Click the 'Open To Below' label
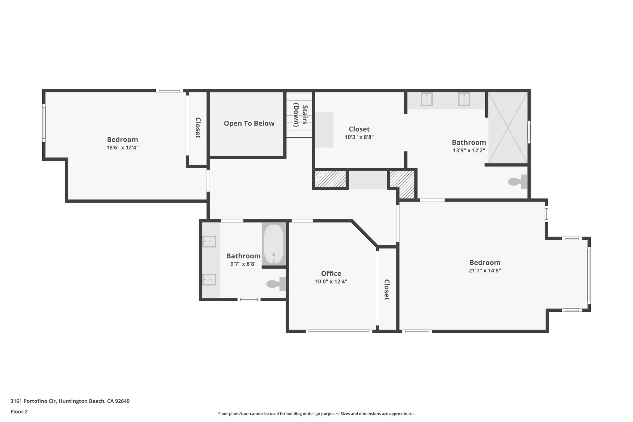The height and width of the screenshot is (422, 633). [249, 123]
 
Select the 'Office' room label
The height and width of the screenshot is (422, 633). [331, 274]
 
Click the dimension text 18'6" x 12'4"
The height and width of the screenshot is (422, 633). [122, 148]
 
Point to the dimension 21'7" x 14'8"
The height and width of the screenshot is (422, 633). [485, 271]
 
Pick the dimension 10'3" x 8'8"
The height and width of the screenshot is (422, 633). [359, 137]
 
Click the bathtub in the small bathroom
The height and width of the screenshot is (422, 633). [274, 244]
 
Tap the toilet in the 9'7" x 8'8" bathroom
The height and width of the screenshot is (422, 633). [276, 284]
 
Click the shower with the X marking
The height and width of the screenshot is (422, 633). [508, 127]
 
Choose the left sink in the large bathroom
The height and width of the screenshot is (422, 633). [427, 99]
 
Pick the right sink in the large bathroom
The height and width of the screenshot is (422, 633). [464, 99]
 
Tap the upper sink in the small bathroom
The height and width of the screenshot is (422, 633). [209, 241]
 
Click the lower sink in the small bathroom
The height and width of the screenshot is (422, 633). [209, 279]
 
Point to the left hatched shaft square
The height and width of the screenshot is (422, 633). [330, 179]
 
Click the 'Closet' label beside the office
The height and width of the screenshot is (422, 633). [386, 290]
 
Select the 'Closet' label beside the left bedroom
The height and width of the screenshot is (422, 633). [198, 128]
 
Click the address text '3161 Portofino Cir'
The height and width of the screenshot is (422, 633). [33, 401]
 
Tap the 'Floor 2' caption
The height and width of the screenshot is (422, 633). [19, 411]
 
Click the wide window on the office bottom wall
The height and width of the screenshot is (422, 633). [339, 331]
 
